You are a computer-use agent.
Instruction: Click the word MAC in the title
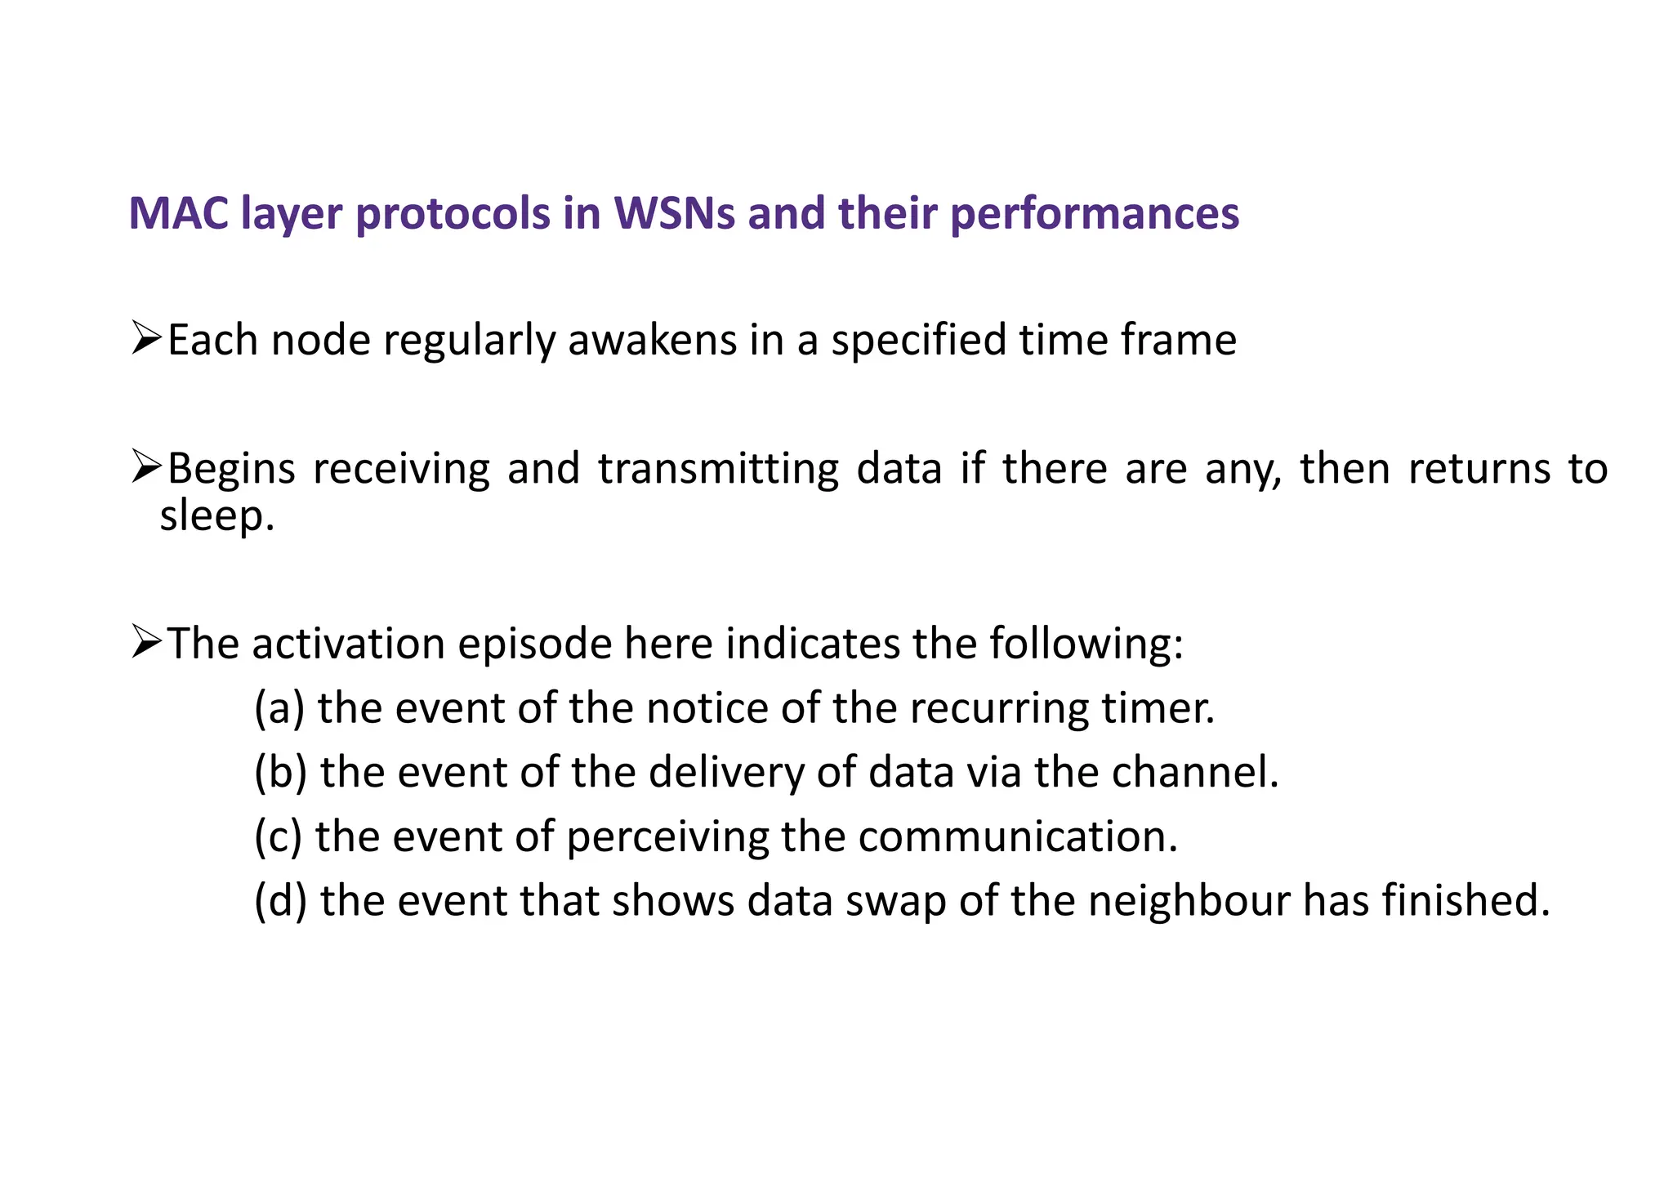(178, 214)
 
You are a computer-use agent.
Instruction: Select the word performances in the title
(1095, 214)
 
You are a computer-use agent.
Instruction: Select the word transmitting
(718, 469)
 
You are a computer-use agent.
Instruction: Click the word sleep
(216, 516)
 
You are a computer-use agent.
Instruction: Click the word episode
(534, 644)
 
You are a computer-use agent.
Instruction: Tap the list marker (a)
(279, 708)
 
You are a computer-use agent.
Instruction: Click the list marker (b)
(280, 772)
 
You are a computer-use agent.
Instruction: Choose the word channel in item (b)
(1193, 772)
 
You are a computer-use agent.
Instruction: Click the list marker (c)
(278, 836)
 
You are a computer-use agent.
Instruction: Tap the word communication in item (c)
(1017, 836)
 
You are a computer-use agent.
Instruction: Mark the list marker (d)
(280, 900)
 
